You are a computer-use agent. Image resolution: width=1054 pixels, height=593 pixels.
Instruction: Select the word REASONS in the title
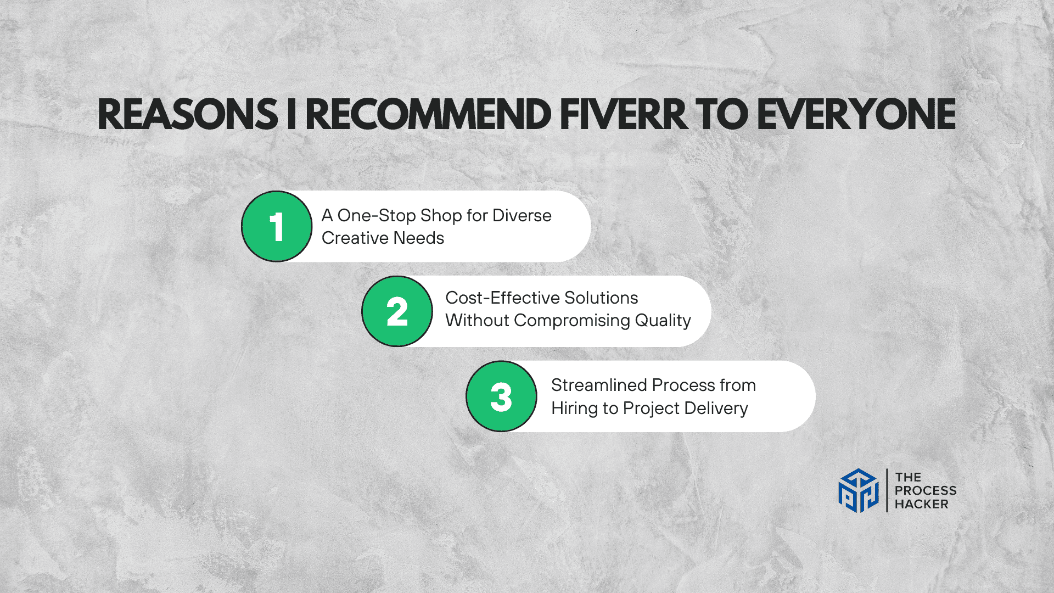point(188,115)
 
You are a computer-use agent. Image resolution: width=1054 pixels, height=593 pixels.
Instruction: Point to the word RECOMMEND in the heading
point(428,115)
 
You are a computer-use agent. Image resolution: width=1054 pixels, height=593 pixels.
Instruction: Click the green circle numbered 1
point(277,226)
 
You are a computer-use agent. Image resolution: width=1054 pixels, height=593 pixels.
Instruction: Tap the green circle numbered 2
point(397,311)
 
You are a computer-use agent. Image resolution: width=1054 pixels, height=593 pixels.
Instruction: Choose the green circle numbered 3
point(501,396)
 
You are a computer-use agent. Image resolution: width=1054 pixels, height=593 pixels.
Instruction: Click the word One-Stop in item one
point(377,216)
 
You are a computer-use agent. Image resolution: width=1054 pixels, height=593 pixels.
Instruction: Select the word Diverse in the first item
point(522,215)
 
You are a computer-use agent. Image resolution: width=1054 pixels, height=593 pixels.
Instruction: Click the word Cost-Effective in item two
point(502,298)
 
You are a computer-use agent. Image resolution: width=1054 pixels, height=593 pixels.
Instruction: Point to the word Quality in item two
point(663,321)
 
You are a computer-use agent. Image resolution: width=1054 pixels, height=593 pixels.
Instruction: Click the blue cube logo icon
point(859,490)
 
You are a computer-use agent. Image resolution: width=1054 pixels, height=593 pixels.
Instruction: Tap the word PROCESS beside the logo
point(926,491)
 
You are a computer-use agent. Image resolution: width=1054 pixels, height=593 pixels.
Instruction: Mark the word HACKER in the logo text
point(922,504)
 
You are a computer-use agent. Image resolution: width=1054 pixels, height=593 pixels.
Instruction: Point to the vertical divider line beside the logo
point(887,490)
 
